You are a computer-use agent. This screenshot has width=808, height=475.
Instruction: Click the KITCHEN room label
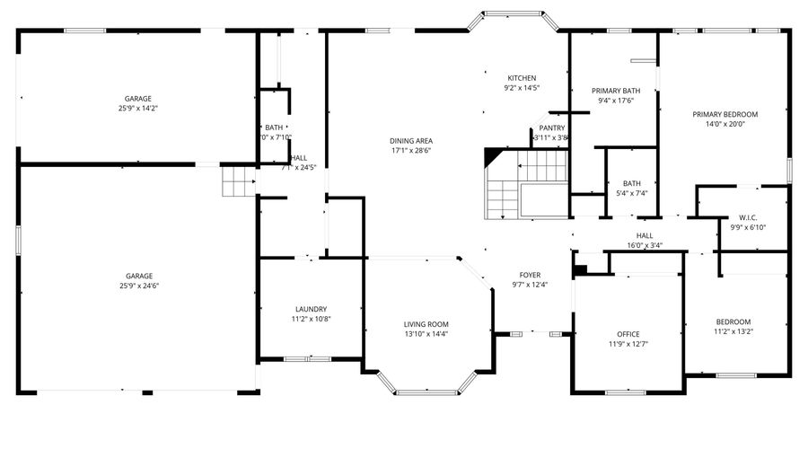pos(522,78)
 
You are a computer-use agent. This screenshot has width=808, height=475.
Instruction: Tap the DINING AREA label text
pos(411,141)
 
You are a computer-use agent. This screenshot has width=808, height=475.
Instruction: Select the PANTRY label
pos(552,128)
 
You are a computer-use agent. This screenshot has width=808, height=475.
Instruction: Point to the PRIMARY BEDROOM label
pos(725,114)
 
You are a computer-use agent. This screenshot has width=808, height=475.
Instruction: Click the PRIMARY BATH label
pos(615,91)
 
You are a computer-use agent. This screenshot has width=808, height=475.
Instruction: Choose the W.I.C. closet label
pos(748,217)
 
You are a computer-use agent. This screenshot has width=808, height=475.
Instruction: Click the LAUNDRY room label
pos(310,309)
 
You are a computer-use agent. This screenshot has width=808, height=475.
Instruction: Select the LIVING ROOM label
pos(426,324)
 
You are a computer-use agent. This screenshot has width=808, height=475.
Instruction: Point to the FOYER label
pos(530,275)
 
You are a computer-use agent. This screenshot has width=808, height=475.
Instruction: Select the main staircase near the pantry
pos(525,184)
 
